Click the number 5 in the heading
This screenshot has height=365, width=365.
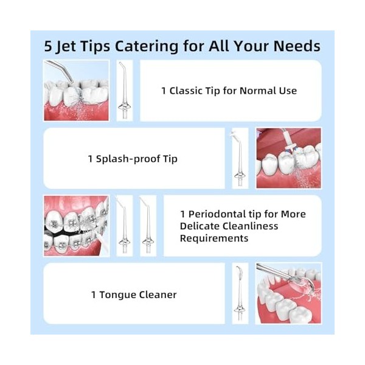pyautogui.click(x=48, y=46)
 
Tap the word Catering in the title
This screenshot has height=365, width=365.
pyautogui.click(x=147, y=46)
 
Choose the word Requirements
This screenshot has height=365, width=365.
pyautogui.click(x=214, y=238)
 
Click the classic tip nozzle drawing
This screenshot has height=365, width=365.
pyautogui.click(x=125, y=91)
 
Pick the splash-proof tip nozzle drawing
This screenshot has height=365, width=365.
pyautogui.click(x=239, y=158)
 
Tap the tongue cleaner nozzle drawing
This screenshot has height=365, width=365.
pyautogui.click(x=240, y=294)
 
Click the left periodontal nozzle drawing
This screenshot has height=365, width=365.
pyautogui.click(x=125, y=226)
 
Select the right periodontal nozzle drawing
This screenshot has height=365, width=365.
pyautogui.click(x=148, y=226)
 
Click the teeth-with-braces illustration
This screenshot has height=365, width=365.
pyautogui.click(x=77, y=226)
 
